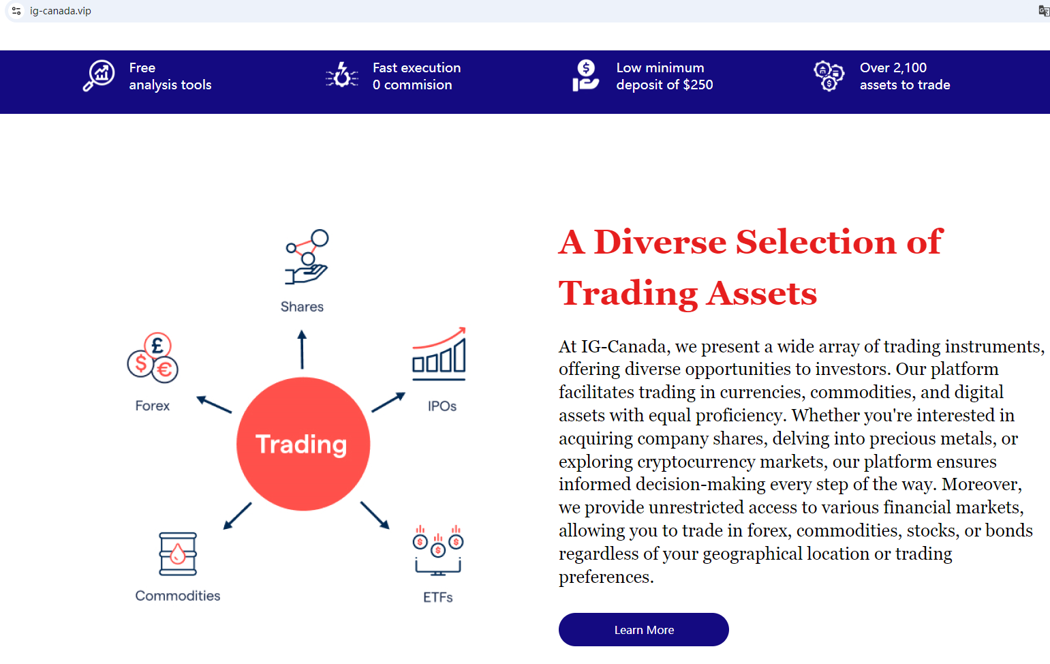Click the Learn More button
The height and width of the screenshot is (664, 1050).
click(644, 629)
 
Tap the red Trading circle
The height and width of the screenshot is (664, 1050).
click(303, 444)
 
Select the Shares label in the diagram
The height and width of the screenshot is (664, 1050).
click(302, 307)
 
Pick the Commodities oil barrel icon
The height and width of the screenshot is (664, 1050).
click(178, 554)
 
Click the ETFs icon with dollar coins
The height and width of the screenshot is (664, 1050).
click(438, 551)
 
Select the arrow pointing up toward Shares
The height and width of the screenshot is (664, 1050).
click(302, 349)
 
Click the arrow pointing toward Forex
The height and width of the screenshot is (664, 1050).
click(214, 404)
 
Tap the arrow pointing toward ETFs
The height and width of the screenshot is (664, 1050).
click(375, 515)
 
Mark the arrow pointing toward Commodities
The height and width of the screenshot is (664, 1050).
click(237, 516)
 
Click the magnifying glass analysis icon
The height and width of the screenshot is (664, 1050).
click(99, 76)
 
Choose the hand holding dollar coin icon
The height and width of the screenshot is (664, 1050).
click(585, 76)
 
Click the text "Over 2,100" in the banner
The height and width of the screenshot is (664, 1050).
click(893, 67)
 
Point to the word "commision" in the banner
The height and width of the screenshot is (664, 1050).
click(418, 85)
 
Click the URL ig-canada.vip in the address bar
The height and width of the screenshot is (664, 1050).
click(61, 11)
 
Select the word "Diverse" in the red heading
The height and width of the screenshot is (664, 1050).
click(660, 242)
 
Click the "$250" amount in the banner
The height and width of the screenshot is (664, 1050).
click(698, 85)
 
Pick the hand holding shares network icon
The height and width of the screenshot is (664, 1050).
click(307, 256)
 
